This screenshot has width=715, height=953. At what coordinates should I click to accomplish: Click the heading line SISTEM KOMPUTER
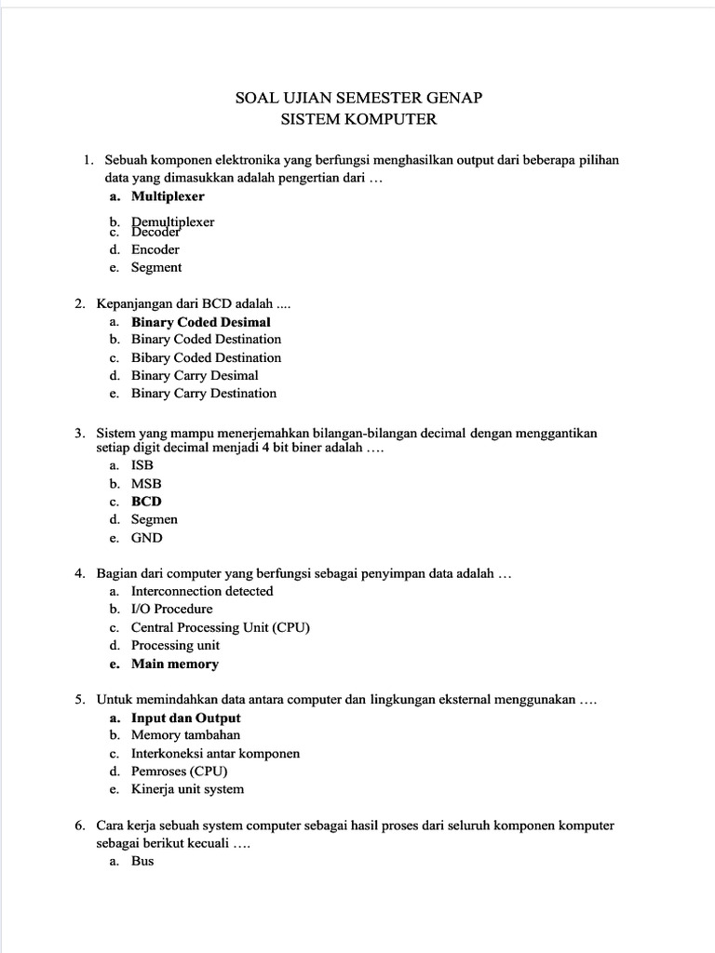pyautogui.click(x=358, y=119)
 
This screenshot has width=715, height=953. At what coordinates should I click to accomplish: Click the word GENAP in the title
pyautogui.click(x=451, y=98)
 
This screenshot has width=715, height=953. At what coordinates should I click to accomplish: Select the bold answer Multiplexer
pyautogui.click(x=168, y=196)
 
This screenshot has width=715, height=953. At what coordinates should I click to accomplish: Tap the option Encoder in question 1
pyautogui.click(x=155, y=249)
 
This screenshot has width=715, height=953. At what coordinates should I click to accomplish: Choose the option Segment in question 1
pyautogui.click(x=156, y=267)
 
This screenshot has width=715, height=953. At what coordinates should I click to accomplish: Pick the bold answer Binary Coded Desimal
pyautogui.click(x=200, y=322)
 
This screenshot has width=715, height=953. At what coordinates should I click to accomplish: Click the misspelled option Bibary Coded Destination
pyautogui.click(x=206, y=357)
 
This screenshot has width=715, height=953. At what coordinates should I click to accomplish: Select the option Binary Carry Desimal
pyautogui.click(x=195, y=375)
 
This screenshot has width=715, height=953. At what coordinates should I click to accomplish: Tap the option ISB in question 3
pyautogui.click(x=142, y=465)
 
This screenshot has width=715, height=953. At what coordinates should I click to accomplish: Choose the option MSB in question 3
pyautogui.click(x=146, y=484)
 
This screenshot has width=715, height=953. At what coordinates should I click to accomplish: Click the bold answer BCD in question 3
pyautogui.click(x=146, y=502)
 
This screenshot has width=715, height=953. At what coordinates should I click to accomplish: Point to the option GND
pyautogui.click(x=146, y=538)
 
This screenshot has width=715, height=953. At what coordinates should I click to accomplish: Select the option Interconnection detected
pyautogui.click(x=202, y=591)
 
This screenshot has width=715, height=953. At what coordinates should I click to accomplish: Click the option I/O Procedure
pyautogui.click(x=171, y=609)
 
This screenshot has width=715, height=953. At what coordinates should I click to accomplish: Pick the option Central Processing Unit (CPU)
pyautogui.click(x=220, y=627)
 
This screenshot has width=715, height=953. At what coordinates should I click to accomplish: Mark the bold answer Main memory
pyautogui.click(x=174, y=664)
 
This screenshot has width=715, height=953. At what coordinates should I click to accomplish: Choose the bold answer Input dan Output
pyautogui.click(x=185, y=718)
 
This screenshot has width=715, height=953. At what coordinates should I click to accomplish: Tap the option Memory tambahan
pyautogui.click(x=185, y=735)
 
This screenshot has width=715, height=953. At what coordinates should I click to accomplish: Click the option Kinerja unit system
pyautogui.click(x=187, y=789)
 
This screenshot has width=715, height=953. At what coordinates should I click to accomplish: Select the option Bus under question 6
pyautogui.click(x=142, y=861)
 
